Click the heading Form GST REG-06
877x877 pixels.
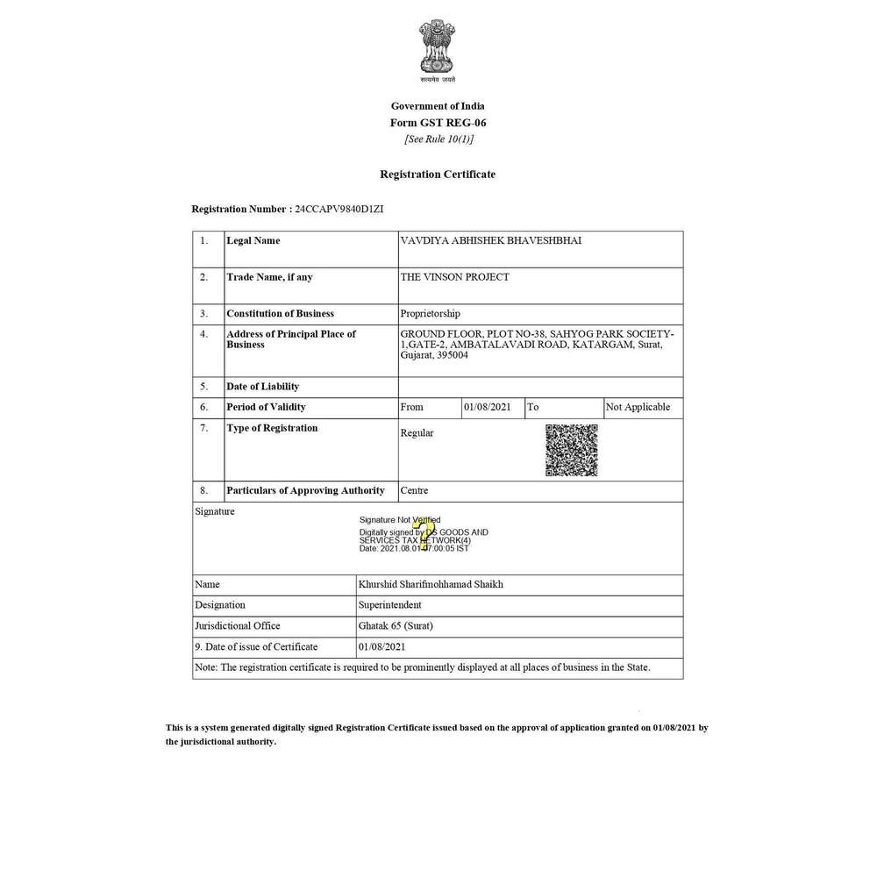point(438,123)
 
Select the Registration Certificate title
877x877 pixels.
point(438,175)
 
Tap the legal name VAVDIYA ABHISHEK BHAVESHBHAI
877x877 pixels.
point(490,240)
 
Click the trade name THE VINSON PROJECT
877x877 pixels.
point(454,277)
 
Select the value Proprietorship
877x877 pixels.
point(430,313)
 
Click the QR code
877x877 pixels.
point(571,450)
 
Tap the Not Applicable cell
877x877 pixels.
point(638,407)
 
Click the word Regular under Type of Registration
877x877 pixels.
point(417,433)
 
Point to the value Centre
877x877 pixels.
point(414,490)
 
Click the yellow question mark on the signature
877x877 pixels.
point(424,534)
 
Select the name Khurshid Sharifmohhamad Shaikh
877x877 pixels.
point(431,584)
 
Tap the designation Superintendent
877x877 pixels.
point(390,605)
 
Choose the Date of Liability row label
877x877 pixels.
point(262,387)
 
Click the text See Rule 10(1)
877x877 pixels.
point(438,139)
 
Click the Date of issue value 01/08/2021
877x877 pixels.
point(382,647)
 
